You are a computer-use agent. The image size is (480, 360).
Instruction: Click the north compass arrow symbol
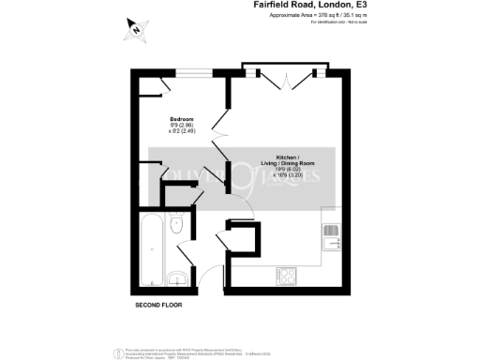(x=137, y=30)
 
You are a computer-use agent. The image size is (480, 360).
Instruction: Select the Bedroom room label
(x=182, y=119)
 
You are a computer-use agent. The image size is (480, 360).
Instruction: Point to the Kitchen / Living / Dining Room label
(x=287, y=157)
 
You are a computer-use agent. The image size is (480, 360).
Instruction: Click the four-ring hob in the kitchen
(x=287, y=276)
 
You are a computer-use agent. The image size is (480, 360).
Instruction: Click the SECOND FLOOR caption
(x=157, y=306)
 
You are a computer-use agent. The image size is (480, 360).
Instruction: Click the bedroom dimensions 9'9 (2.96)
(x=182, y=126)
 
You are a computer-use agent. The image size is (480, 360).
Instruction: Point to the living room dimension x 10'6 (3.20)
(x=287, y=174)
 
